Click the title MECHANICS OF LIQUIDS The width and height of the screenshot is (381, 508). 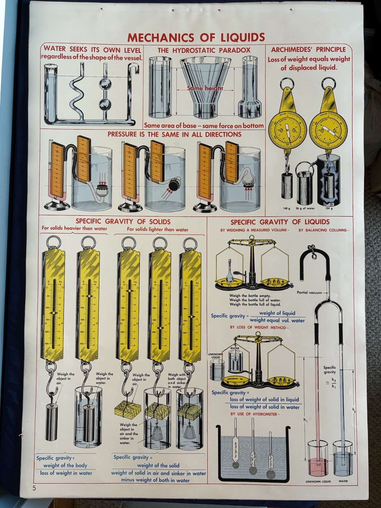[x=196, y=37]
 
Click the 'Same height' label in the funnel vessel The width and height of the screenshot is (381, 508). [x=205, y=88]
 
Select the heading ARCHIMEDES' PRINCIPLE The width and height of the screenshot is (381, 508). [x=308, y=50]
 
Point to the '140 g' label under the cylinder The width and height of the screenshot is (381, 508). [x=287, y=208]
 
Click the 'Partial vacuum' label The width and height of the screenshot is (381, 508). [x=309, y=292]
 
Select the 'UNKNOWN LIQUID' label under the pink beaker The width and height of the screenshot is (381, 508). [x=318, y=481]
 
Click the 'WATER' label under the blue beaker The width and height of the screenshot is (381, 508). [x=343, y=481]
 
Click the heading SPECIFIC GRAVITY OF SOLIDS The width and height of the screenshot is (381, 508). [x=123, y=221]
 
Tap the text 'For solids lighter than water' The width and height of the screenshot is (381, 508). [x=157, y=230]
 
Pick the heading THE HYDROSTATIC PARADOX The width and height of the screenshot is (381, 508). [x=204, y=50]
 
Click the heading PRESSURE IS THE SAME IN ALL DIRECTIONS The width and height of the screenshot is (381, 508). [x=174, y=134]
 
